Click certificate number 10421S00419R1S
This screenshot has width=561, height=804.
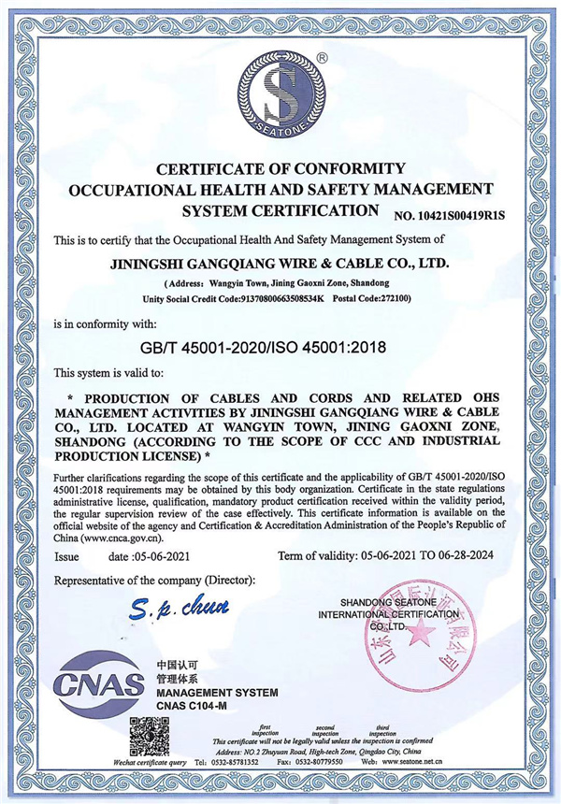point(449,216)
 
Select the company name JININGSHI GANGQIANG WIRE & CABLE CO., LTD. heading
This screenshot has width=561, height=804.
point(280,265)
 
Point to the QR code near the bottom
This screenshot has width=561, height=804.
point(150,735)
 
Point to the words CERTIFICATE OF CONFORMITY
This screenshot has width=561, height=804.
point(280,169)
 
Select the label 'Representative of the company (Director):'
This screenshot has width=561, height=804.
point(154,581)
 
